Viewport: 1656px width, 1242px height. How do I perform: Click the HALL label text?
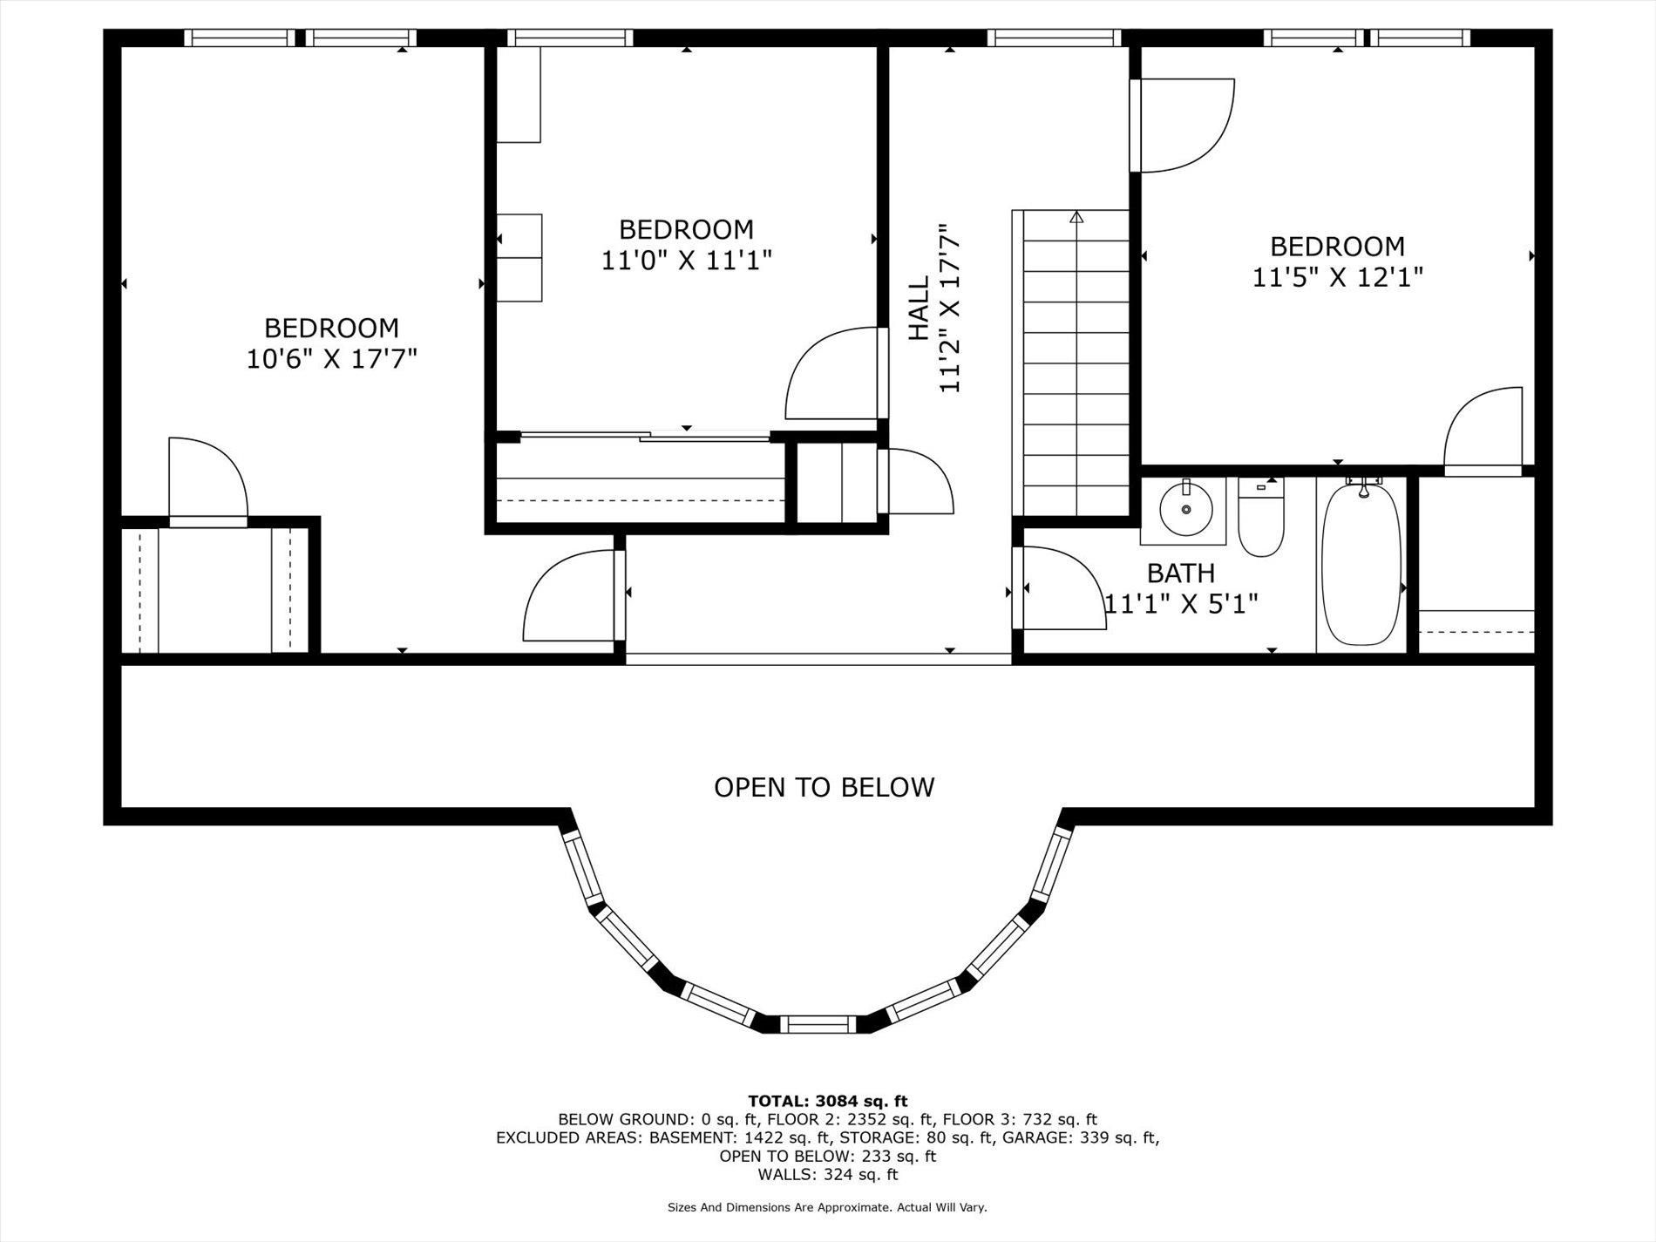pos(920,309)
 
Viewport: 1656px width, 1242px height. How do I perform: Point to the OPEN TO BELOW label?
pos(824,787)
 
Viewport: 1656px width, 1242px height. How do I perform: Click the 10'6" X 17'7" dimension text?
pos(332,358)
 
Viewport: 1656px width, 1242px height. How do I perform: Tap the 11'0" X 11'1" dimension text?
pos(687,260)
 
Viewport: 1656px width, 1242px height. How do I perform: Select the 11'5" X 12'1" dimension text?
pos(1338,277)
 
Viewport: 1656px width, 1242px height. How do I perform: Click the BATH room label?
pos(1181,573)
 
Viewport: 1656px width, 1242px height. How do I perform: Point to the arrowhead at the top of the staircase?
pos(1076,217)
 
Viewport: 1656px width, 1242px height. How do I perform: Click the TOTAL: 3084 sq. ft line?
pos(827,1102)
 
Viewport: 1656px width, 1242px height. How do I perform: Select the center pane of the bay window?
pos(818,1024)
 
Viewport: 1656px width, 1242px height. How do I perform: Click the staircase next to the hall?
pos(1076,362)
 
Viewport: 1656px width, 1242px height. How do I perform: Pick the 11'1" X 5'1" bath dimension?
pos(1181,603)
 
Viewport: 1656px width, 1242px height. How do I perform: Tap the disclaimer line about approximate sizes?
pos(827,1207)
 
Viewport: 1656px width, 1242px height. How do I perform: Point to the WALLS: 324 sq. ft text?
pos(827,1174)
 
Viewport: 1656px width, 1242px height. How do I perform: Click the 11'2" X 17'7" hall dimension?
pos(949,309)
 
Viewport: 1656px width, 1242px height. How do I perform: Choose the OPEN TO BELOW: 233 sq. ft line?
pos(827,1156)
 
